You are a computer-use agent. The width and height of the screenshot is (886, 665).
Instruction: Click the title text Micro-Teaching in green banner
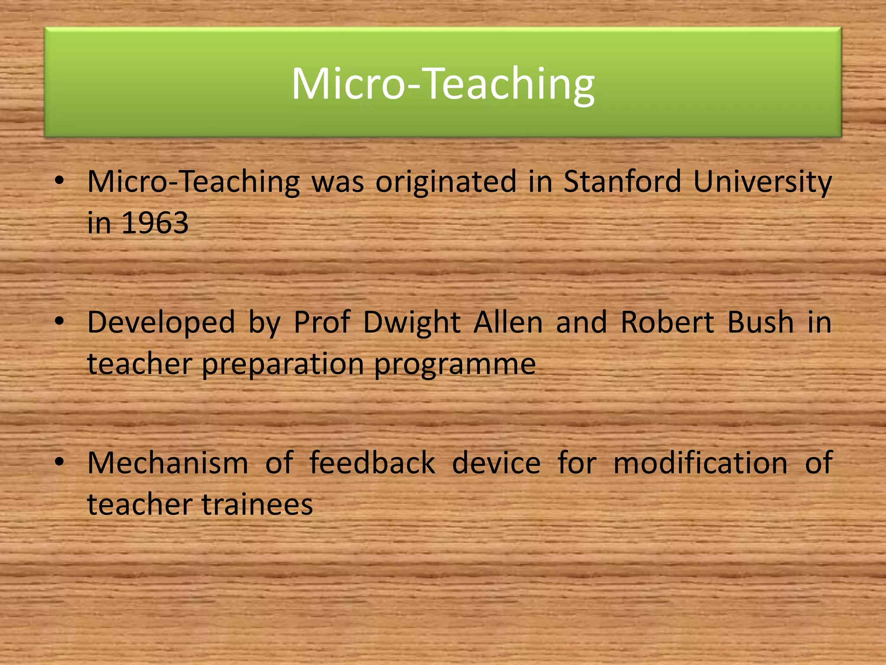[x=443, y=84]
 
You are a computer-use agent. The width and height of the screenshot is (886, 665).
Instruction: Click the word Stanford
[x=622, y=181]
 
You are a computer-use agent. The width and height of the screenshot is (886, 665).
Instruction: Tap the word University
[x=762, y=181]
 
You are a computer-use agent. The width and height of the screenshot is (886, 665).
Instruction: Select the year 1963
[x=155, y=223]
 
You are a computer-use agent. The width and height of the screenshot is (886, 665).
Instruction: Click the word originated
[x=446, y=181]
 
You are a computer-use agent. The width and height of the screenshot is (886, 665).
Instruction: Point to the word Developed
[x=161, y=323]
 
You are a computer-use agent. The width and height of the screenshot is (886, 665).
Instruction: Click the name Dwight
[x=412, y=323]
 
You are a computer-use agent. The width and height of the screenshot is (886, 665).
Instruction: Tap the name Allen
[x=508, y=323]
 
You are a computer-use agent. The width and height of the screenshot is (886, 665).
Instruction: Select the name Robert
[x=667, y=323]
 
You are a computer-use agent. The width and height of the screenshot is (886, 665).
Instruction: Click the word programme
[x=455, y=364]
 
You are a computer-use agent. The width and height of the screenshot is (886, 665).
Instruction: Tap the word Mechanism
[x=168, y=463]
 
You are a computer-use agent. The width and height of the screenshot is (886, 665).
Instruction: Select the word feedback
[x=372, y=463]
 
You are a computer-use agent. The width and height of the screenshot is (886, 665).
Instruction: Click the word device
[x=496, y=463]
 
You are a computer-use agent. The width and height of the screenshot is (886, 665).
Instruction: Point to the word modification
[x=700, y=463]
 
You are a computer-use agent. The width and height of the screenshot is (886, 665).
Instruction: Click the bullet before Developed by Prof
[x=59, y=321]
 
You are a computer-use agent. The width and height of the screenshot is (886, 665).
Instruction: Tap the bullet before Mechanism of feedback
[x=59, y=462]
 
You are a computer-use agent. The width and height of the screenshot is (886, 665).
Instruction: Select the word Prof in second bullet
[x=322, y=323]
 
